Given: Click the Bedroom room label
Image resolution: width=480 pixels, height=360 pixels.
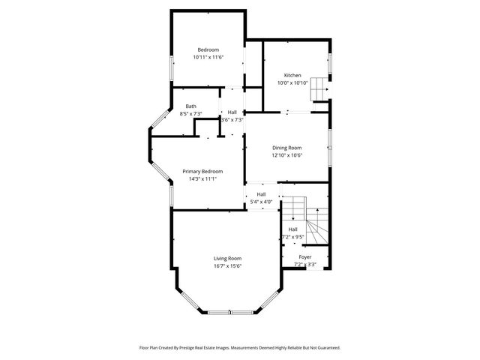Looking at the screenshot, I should click(x=208, y=49).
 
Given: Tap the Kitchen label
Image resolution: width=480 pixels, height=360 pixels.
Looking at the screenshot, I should click(x=292, y=75).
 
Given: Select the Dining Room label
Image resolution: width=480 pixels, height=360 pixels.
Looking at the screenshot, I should click(x=286, y=148).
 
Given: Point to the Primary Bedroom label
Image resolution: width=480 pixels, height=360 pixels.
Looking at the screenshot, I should click(x=202, y=171).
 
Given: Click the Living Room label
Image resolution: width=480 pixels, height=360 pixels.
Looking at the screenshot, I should click(x=227, y=258).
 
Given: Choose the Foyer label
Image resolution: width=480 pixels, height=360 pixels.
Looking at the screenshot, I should click(x=304, y=256).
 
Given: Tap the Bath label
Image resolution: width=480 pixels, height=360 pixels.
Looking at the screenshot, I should click(x=191, y=106).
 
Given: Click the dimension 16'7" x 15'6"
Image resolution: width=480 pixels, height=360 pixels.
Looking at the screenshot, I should click(x=227, y=265).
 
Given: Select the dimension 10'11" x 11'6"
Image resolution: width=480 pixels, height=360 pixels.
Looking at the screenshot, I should click(x=208, y=57).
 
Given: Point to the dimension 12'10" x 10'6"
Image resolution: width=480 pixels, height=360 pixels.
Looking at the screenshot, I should click(x=286, y=155).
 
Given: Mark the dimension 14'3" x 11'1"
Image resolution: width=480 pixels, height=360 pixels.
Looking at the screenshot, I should click(x=202, y=178).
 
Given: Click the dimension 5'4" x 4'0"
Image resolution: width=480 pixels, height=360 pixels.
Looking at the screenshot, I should click(x=262, y=201).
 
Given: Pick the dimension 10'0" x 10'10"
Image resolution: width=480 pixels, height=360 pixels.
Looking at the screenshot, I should click(x=292, y=82).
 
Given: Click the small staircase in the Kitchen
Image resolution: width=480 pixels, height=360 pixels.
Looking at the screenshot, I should click(x=321, y=87).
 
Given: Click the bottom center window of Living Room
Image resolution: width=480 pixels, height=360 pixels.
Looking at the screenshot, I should click(x=228, y=312).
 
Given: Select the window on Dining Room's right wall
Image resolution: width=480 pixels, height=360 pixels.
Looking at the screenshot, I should click(x=328, y=148).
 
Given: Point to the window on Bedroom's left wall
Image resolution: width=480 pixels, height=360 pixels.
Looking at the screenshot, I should click(x=172, y=69).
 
